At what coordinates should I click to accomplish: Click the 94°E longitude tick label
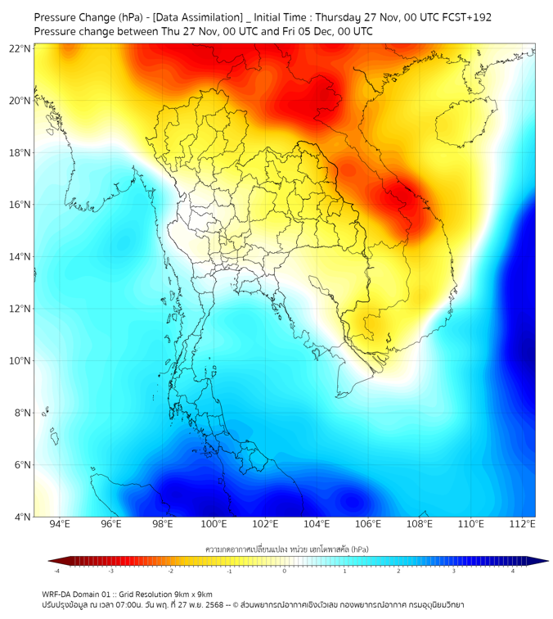pyautogui.click(x=60, y=524)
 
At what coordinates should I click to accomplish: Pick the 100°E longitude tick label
pyautogui.click(x=214, y=524)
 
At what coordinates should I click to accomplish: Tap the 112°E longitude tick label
pyautogui.click(x=522, y=524)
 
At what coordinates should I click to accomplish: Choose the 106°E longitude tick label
pyautogui.click(x=368, y=524)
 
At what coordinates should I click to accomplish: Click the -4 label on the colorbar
pyautogui.click(x=56, y=571)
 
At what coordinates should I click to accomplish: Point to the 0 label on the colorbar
pyautogui.click(x=285, y=571)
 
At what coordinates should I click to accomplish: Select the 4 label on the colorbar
pyautogui.click(x=513, y=571)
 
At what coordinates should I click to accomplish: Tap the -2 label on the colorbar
pyautogui.click(x=169, y=571)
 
